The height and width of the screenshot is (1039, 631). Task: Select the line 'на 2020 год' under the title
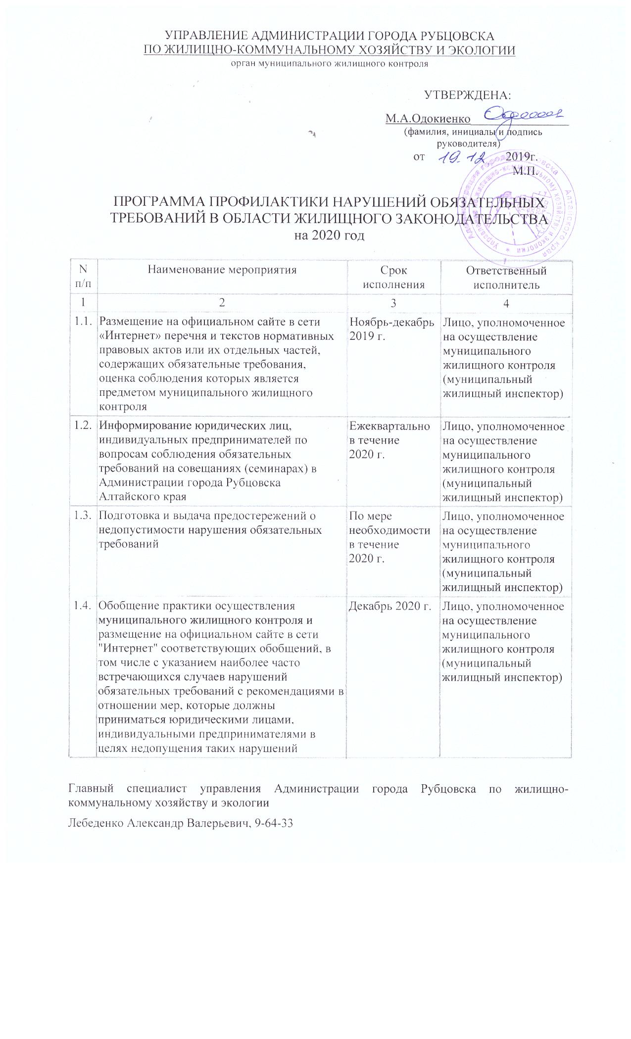click(x=329, y=236)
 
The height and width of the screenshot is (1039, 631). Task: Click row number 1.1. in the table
click(x=82, y=322)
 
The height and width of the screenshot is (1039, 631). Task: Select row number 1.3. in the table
click(x=82, y=517)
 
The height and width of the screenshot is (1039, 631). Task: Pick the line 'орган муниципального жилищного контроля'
click(x=329, y=63)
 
